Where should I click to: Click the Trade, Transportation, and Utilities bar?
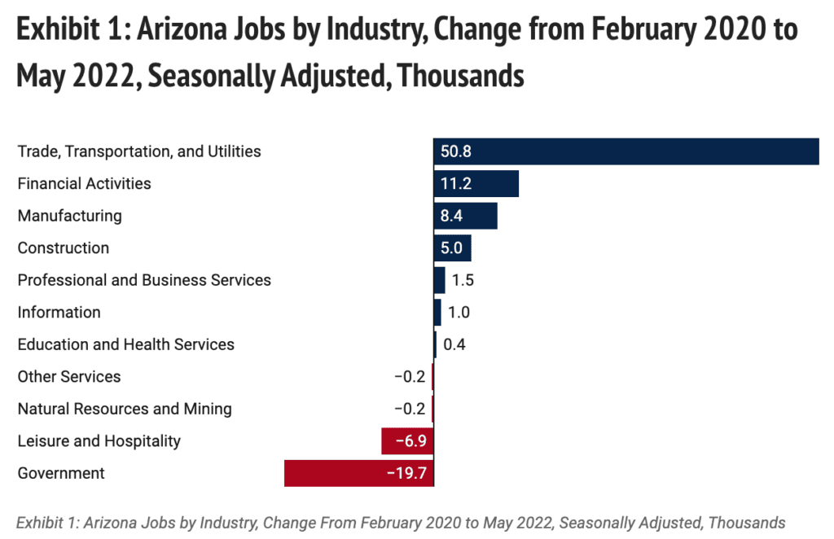(625, 151)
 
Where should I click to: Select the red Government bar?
(358, 473)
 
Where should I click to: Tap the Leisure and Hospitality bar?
(407, 441)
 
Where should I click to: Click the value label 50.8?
(456, 151)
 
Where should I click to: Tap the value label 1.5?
(463, 280)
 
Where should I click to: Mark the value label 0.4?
(454, 344)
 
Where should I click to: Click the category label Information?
(59, 313)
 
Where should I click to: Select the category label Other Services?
(69, 377)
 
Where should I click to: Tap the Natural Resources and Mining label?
(125, 409)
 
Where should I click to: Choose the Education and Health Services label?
(126, 344)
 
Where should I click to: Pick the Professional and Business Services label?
(144, 280)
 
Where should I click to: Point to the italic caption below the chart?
(401, 522)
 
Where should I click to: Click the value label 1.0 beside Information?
(459, 313)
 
